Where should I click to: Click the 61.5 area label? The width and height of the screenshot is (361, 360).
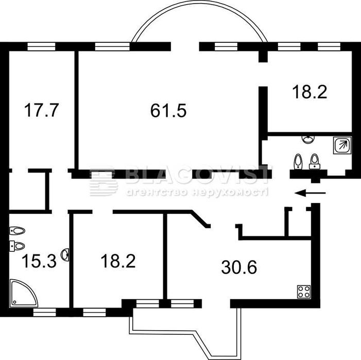pyautogui.click(x=168, y=110)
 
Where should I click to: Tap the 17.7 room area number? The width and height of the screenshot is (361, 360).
pyautogui.click(x=41, y=110)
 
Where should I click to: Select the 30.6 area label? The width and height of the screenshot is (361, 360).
pyautogui.click(x=239, y=267)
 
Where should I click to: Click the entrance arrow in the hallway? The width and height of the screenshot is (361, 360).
pyautogui.click(x=311, y=193)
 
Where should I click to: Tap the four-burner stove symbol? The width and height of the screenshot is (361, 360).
pyautogui.click(x=304, y=292)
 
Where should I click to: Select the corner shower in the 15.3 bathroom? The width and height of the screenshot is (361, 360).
pyautogui.click(x=23, y=293)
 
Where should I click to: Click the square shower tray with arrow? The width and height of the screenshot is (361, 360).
pyautogui.click(x=342, y=145)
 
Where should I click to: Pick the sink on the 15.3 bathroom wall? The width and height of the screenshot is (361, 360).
pyautogui.click(x=65, y=255)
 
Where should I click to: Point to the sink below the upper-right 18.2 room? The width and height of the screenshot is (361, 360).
pyautogui.click(x=308, y=139)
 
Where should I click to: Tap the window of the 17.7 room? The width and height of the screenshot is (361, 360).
pyautogui.click(x=41, y=46)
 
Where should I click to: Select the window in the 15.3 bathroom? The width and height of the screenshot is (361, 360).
pyautogui.click(x=45, y=312)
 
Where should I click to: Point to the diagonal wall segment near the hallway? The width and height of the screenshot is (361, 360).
pyautogui.click(x=200, y=219)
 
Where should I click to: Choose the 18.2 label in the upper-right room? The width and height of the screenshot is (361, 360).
pyautogui.click(x=310, y=92)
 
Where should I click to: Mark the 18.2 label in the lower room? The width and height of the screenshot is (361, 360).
pyautogui.click(x=118, y=261)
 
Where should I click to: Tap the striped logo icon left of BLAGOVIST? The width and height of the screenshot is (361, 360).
pyautogui.click(x=104, y=182)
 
